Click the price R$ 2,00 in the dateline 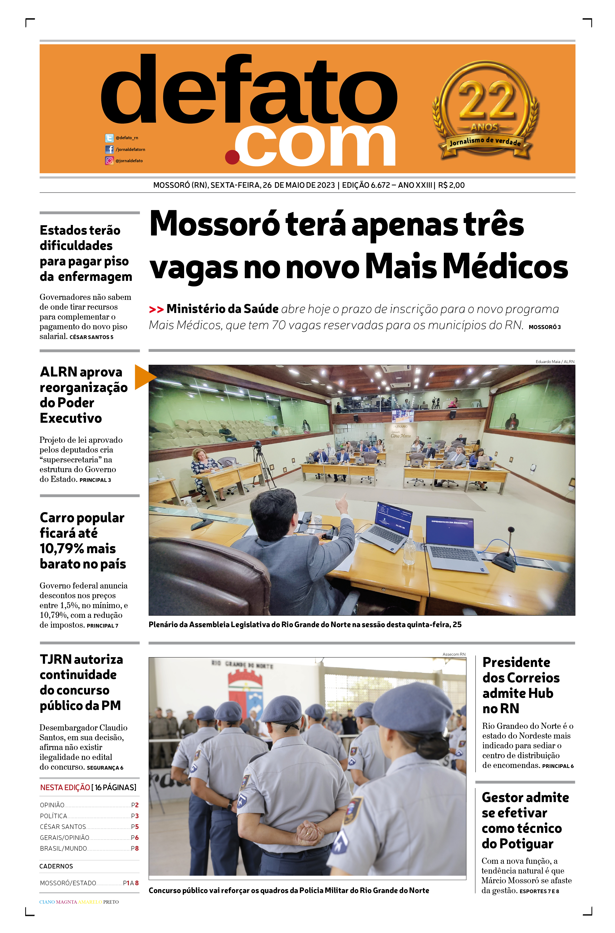(x=451, y=185)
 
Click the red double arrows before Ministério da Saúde (x=156, y=310)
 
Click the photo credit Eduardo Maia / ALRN (x=555, y=361)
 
